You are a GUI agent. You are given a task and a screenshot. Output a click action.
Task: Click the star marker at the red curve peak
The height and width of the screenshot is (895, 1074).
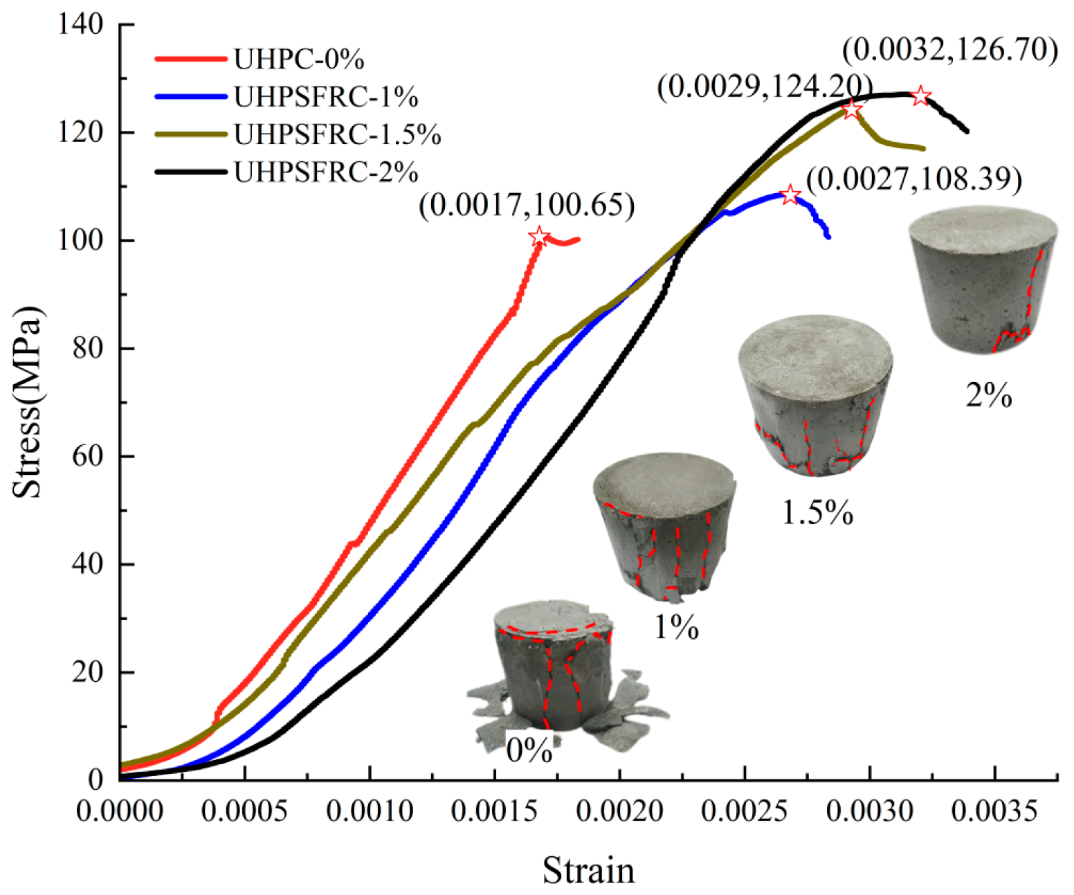tap(539, 237)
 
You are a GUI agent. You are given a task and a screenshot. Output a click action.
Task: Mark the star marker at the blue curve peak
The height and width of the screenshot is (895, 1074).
tap(790, 195)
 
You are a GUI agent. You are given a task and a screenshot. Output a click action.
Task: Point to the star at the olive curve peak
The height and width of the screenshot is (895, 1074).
tap(852, 109)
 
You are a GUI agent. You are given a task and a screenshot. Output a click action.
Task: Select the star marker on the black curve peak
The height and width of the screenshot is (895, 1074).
tap(920, 96)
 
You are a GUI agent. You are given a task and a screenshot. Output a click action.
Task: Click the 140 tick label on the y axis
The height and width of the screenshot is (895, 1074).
tap(80, 24)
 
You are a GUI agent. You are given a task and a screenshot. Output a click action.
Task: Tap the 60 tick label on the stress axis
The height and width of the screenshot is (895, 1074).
tap(87, 456)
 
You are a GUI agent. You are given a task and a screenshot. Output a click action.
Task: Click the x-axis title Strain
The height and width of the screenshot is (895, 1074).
tap(588, 870)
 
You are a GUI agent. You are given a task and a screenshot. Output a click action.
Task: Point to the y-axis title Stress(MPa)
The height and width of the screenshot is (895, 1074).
tap(28, 401)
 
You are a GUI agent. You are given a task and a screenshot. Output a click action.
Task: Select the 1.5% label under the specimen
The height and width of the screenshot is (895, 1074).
tap(817, 513)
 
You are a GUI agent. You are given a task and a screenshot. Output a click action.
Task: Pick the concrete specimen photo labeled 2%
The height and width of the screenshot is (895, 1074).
tap(983, 280)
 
